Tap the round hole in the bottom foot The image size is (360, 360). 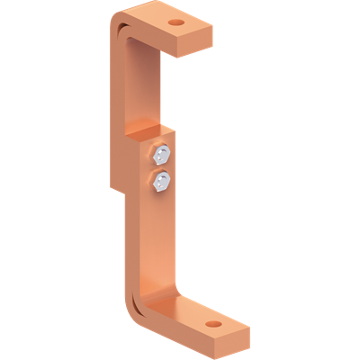(213, 321)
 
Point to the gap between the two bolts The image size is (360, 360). (161, 168)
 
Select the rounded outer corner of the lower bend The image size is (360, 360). (141, 310)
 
